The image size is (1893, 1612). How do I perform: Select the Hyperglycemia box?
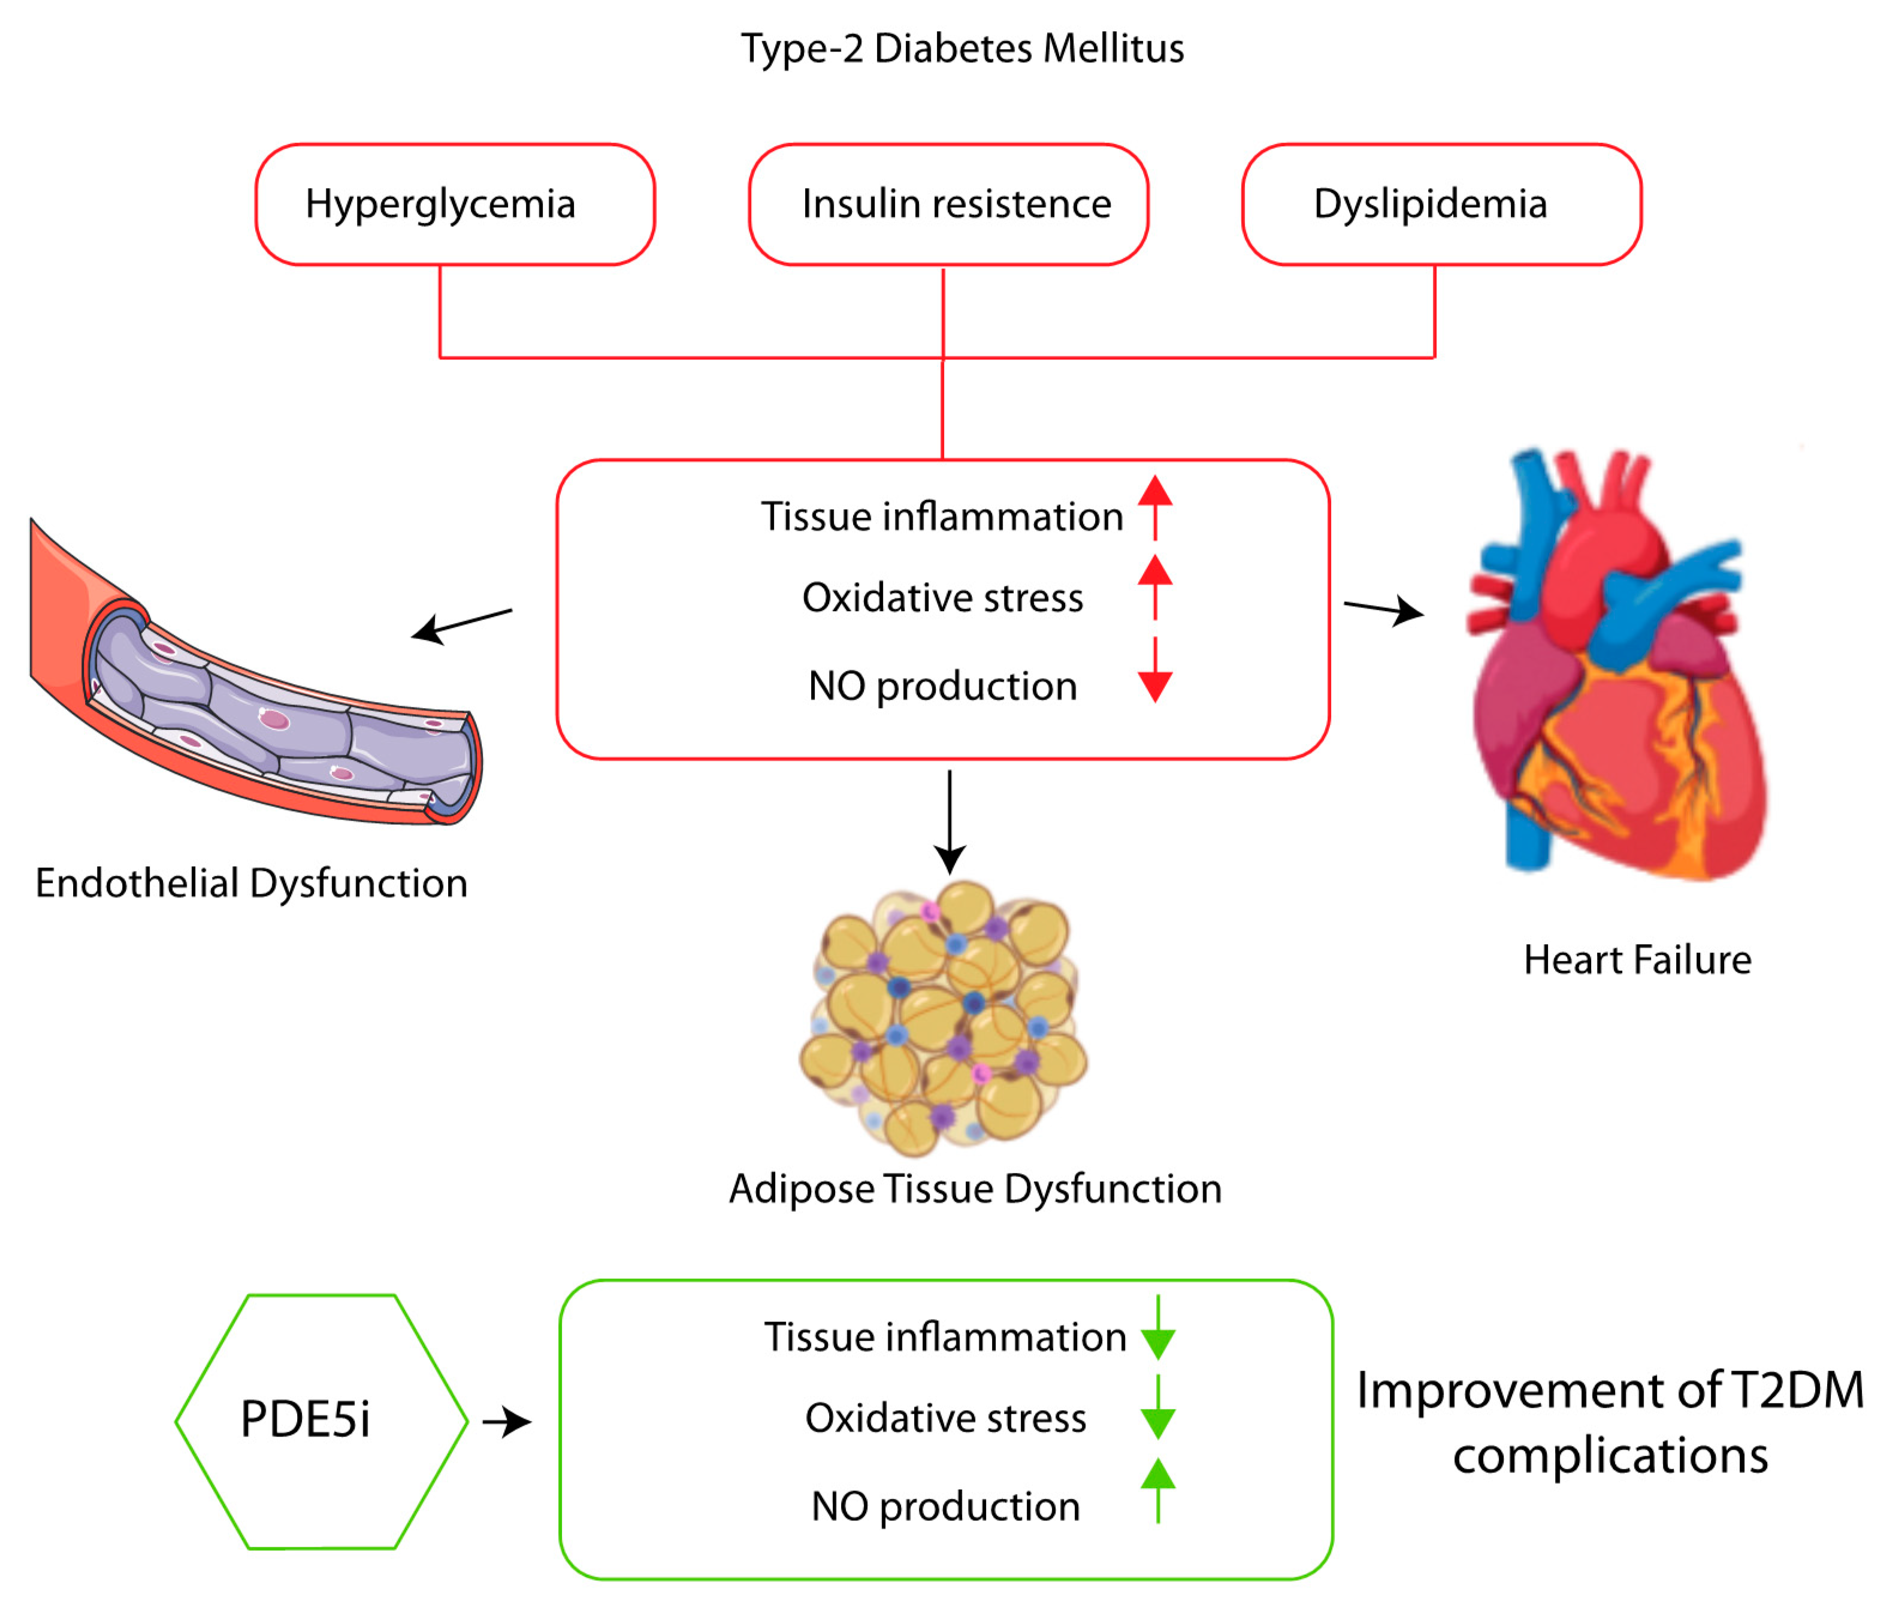455,204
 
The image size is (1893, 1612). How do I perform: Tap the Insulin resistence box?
948,204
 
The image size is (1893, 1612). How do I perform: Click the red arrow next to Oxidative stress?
1155,586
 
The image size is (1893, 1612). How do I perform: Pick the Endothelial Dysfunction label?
251,883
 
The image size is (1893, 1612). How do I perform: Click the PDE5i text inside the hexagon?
305,1419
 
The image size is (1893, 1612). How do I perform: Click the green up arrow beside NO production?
1157,1490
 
